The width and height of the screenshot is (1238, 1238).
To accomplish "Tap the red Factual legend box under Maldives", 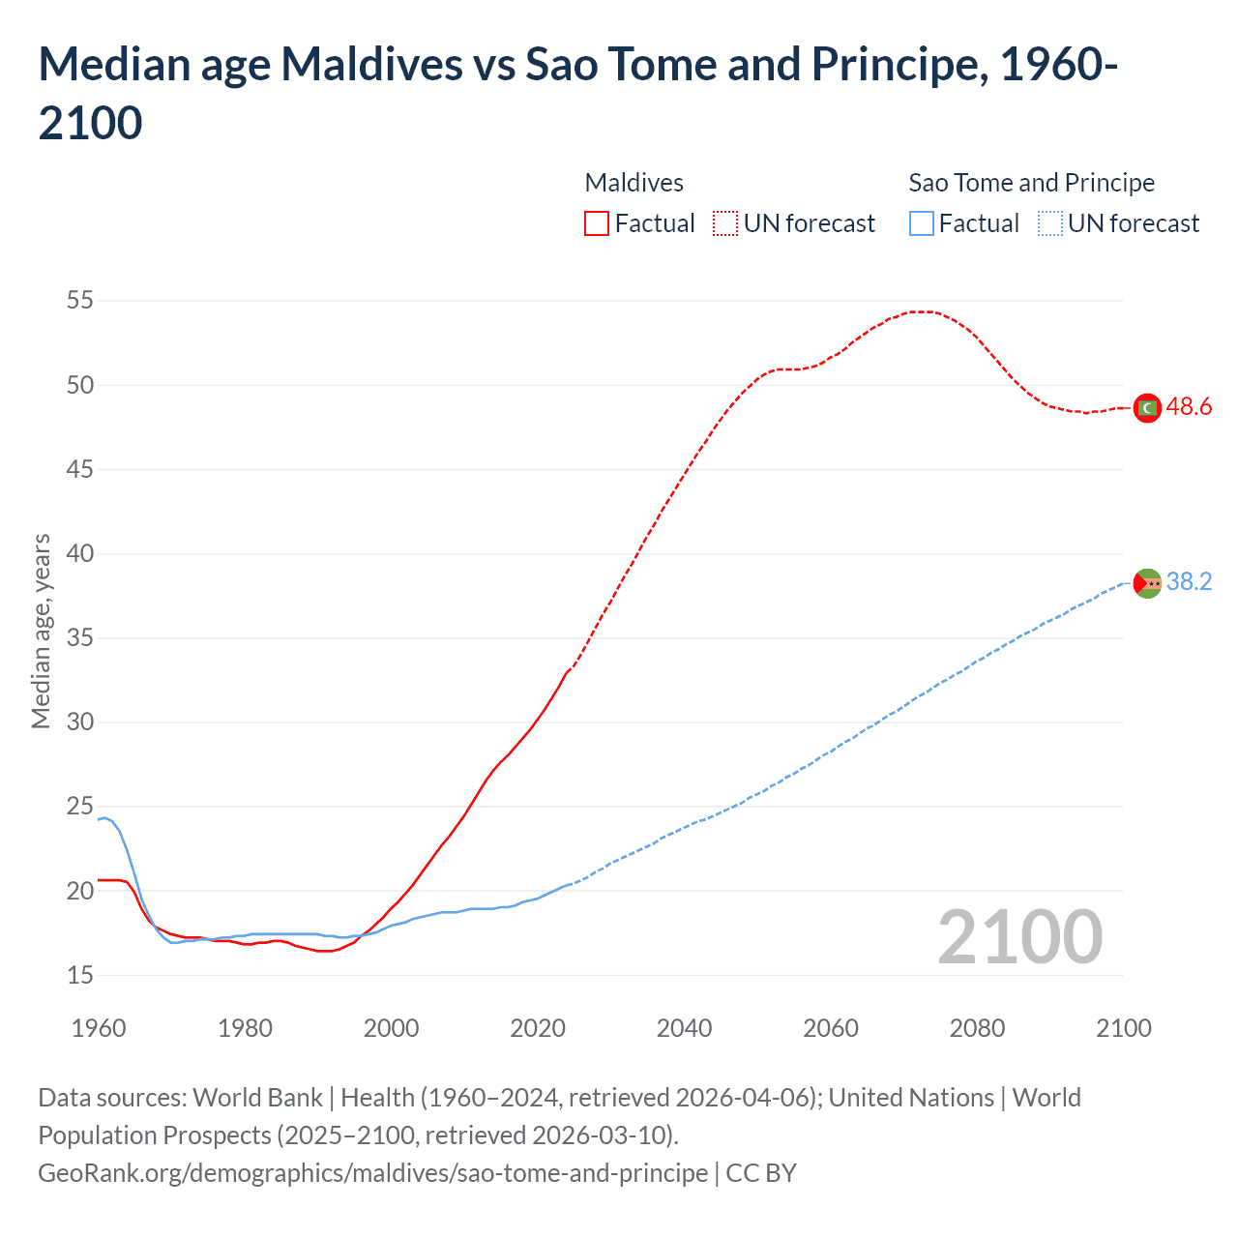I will click(597, 223).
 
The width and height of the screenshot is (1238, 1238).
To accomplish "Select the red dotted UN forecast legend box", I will click(724, 223).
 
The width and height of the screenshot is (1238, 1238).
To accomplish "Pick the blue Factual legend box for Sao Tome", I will click(921, 223).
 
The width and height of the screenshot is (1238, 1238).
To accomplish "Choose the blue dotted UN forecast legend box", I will click(1049, 223).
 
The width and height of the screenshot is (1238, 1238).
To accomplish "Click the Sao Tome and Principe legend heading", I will click(1031, 183).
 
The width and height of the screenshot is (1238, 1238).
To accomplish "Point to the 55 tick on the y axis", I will click(80, 301).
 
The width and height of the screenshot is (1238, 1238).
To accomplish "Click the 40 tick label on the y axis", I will click(80, 554).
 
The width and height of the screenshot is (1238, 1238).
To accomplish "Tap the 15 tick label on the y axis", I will click(80, 975).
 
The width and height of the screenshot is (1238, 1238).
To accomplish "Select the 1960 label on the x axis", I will click(99, 1028).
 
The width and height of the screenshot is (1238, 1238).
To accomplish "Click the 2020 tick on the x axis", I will click(538, 1028).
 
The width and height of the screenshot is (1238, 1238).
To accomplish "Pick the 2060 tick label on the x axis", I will click(831, 1028).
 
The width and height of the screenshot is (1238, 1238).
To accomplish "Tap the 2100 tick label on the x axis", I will click(1123, 1028).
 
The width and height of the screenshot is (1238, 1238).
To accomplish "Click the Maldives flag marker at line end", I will click(1147, 408).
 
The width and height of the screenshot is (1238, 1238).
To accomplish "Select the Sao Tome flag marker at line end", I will click(1147, 583).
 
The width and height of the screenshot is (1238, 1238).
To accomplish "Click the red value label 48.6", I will click(1189, 407).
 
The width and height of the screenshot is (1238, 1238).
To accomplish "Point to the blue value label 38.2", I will click(1189, 581).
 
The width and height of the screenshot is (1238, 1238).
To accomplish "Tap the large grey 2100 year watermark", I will click(1019, 937).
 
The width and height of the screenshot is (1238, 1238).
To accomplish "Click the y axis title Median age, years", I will click(41, 631).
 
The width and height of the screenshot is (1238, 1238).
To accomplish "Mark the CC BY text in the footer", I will click(761, 1173).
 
